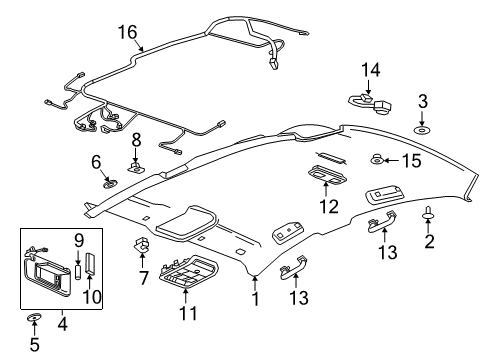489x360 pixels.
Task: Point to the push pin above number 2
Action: point(429,213)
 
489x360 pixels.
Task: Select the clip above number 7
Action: point(140,244)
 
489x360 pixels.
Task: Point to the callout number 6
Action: point(97,161)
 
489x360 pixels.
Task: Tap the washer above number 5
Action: point(33,319)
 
